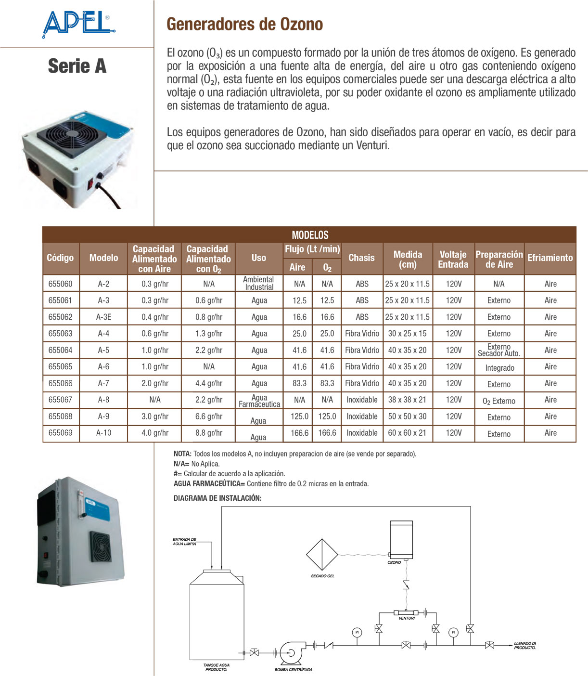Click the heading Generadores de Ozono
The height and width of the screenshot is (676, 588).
pyautogui.click(x=244, y=24)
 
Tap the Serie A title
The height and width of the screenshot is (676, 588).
pyautogui.click(x=77, y=66)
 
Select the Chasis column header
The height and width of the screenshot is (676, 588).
pyautogui.click(x=361, y=258)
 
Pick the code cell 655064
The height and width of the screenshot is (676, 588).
pyautogui.click(x=60, y=350)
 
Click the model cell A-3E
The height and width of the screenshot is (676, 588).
pyautogui.click(x=103, y=317)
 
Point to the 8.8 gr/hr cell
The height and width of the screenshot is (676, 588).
pyautogui.click(x=209, y=433)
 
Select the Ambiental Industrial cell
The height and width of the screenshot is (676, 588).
pyautogui.click(x=259, y=283)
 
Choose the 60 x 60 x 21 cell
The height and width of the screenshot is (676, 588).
pyautogui.click(x=407, y=433)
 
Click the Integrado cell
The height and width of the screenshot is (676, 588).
pyautogui.click(x=499, y=368)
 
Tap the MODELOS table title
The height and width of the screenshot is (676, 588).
pyautogui.click(x=310, y=235)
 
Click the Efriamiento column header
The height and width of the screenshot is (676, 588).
pyautogui.click(x=550, y=258)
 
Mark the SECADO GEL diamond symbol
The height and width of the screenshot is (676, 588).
pyautogui.click(x=322, y=555)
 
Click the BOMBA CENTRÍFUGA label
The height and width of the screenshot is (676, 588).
pyautogui.click(x=294, y=669)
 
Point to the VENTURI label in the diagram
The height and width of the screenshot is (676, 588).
pyautogui.click(x=407, y=618)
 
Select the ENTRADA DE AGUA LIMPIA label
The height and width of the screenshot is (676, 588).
pyautogui.click(x=184, y=542)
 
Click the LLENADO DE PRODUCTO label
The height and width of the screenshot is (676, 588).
pyautogui.click(x=524, y=645)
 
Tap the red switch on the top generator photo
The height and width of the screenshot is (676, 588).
pyautogui.click(x=89, y=183)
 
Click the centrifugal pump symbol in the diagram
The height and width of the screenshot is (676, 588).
pyautogui.click(x=291, y=652)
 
